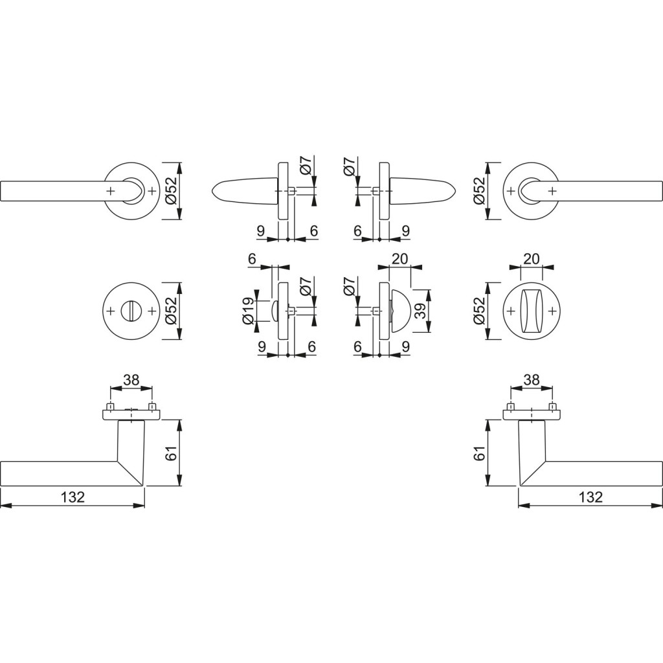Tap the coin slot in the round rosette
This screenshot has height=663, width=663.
(131, 311)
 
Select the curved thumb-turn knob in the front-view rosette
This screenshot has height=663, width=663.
(532, 311)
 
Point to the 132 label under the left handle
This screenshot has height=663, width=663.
(73, 497)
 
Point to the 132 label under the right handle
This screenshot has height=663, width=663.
(590, 497)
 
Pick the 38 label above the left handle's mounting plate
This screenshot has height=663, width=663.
(131, 380)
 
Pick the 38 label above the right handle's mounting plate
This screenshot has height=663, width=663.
(531, 380)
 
